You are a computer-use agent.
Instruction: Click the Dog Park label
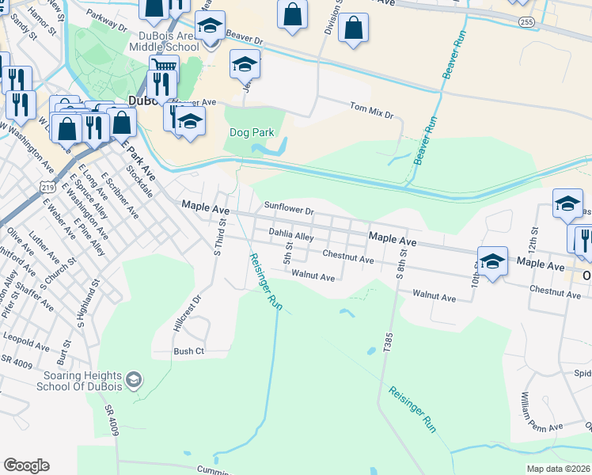coord(250,132)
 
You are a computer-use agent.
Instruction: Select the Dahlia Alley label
coord(291,235)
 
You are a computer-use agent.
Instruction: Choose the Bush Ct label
coord(189,351)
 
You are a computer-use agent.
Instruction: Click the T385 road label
coord(387,341)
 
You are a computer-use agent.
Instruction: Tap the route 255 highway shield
coord(527,23)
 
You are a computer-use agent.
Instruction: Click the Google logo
coord(26,465)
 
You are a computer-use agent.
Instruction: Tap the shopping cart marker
coord(163,66)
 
